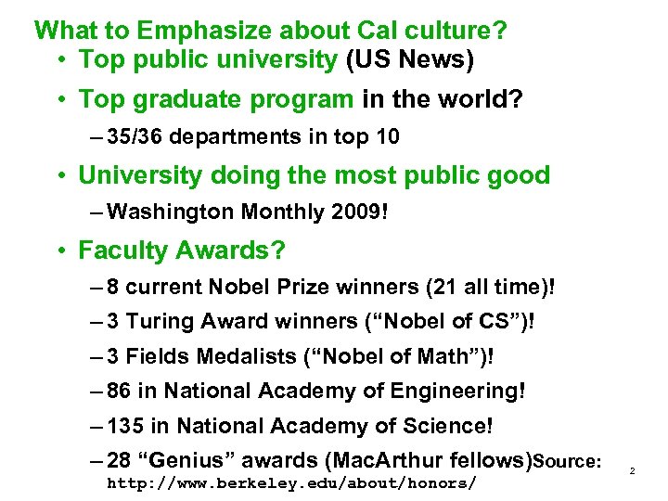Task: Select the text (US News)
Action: pos(409,60)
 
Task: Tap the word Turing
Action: pos(158,322)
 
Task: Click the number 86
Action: pos(120,392)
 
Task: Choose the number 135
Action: pos(125,428)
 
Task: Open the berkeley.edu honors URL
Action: pos(292,483)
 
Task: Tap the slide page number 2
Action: pos(631,471)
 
